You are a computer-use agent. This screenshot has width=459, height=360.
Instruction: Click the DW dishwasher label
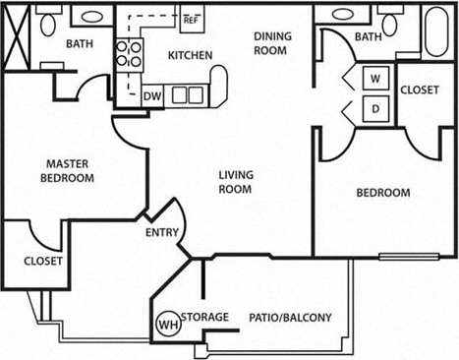151,95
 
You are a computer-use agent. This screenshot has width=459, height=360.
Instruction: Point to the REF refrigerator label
191,19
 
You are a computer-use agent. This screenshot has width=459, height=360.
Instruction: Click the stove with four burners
126,53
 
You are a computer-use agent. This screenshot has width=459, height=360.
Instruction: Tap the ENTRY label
161,233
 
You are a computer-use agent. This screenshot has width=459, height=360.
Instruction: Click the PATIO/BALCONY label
291,317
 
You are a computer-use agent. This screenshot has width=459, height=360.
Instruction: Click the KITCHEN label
190,55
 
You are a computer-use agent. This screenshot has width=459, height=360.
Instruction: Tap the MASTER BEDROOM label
68,171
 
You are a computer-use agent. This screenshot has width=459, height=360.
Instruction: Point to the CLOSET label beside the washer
421,89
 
